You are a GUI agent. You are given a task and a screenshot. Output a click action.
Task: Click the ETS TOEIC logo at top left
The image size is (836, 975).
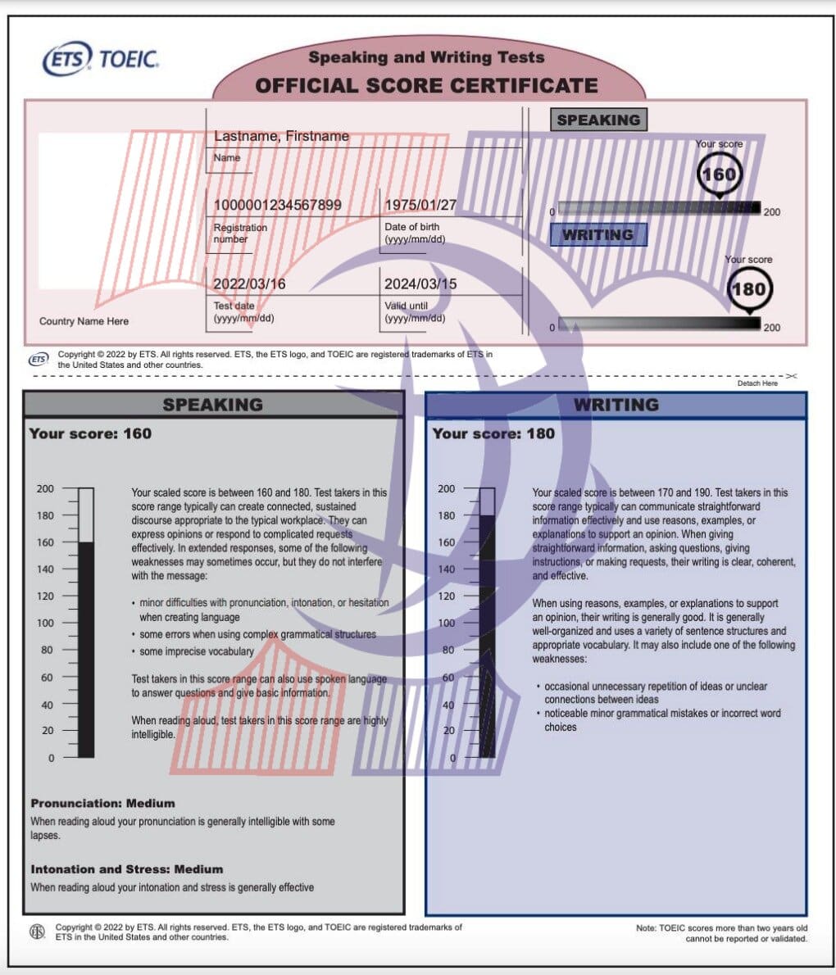coord(100,59)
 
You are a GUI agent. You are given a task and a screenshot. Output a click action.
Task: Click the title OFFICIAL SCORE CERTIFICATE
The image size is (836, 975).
coord(426,85)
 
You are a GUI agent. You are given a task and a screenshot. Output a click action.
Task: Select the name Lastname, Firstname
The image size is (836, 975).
coord(281,136)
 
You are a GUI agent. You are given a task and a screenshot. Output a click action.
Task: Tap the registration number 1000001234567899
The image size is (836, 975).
coord(277,205)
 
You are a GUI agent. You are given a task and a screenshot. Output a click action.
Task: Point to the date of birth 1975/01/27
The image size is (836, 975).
coord(420,205)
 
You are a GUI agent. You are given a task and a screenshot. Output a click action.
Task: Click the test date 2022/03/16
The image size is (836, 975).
coord(249,284)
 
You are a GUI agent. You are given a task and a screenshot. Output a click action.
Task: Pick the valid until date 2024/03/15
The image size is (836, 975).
coord(420,284)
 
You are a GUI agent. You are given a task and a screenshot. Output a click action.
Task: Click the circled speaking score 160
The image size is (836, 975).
coord(719,175)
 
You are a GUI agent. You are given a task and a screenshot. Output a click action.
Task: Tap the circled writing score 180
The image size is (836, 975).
coord(747,289)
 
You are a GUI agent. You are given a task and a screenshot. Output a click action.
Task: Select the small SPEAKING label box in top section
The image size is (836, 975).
coord(598,120)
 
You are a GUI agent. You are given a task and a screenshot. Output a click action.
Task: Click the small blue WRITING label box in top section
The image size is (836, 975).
coord(598,235)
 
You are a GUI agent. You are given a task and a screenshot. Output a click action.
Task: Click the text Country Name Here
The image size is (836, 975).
coord(84,321)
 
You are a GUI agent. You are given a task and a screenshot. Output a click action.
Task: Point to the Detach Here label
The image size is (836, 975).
coord(757,383)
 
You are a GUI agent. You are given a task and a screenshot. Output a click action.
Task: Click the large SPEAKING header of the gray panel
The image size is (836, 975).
coord(212,405)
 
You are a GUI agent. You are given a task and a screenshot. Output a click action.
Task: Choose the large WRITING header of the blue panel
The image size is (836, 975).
coord(616,405)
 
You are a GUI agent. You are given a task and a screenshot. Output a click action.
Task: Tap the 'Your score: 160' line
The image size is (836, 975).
coord(90,433)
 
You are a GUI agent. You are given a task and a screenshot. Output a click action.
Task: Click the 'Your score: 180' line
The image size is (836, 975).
coord(493,433)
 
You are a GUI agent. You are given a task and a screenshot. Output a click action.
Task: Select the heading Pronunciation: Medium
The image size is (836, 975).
coord(102,804)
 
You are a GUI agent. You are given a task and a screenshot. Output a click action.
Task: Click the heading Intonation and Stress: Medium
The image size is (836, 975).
coord(126,869)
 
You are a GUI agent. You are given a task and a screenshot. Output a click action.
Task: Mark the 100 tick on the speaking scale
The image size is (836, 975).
coord(46,623)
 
